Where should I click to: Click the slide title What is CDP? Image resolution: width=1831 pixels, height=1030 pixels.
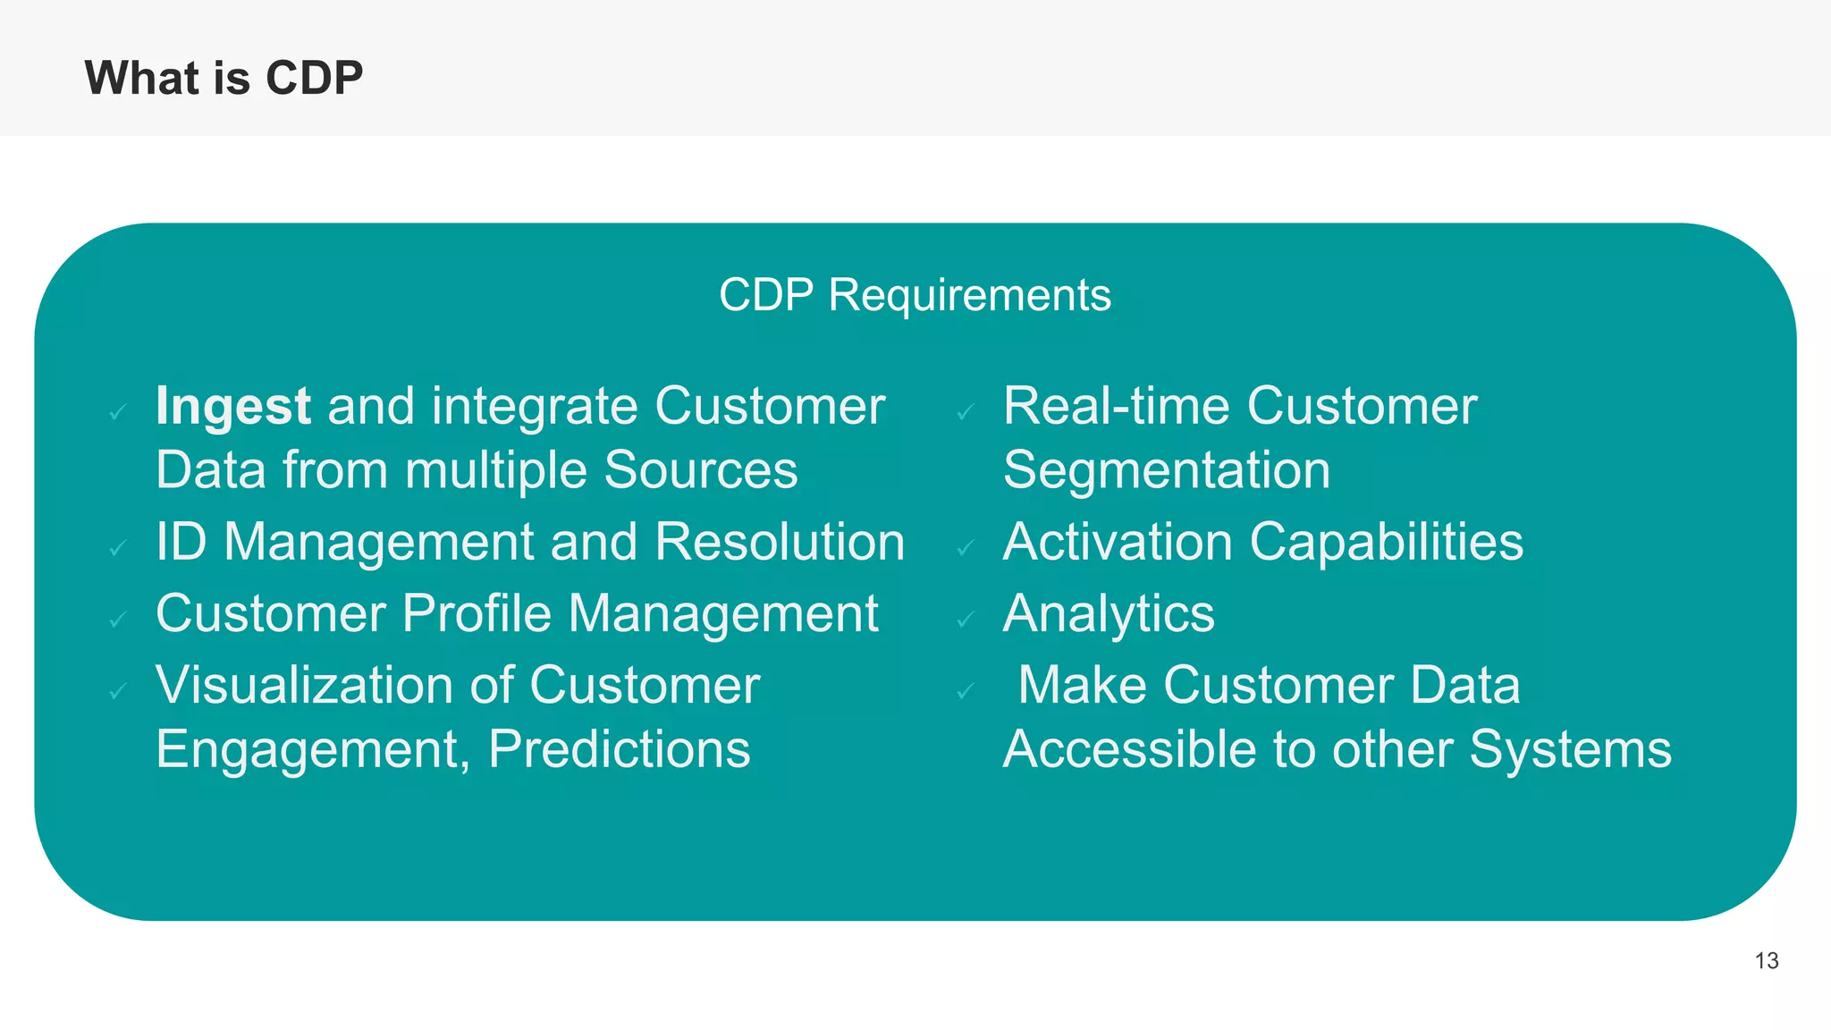click(224, 78)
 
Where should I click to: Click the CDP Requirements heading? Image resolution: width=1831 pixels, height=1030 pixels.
click(915, 295)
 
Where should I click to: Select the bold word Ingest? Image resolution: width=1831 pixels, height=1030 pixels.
click(232, 407)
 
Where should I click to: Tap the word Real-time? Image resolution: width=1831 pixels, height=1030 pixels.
click(1117, 406)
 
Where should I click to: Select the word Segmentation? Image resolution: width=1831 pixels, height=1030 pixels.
click(1167, 470)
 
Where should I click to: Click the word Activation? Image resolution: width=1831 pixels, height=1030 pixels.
click(1118, 542)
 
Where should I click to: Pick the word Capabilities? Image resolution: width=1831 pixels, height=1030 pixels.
click(1386, 542)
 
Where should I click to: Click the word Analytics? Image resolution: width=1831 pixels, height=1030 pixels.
click(1109, 614)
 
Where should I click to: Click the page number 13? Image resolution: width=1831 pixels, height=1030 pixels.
click(1766, 961)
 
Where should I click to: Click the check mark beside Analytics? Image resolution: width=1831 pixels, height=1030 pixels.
click(965, 620)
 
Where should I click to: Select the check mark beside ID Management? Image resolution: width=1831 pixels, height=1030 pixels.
click(117, 548)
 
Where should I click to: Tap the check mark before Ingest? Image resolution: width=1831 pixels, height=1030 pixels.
click(117, 412)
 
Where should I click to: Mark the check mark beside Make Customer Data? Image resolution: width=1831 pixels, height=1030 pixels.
click(965, 691)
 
